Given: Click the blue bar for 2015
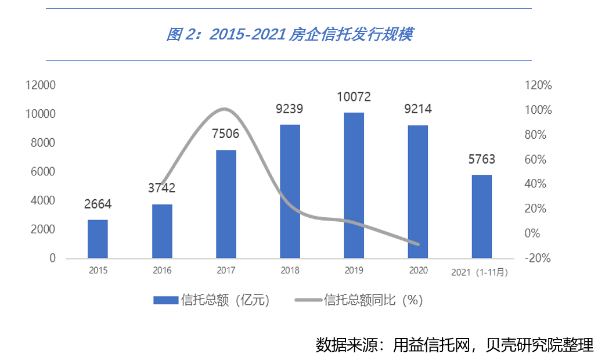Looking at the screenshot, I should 98,239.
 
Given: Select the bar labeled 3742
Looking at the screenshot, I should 162,231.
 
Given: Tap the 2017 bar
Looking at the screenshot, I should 226,204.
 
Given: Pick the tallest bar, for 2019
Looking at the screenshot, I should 354,185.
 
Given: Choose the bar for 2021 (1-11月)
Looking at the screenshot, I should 481,216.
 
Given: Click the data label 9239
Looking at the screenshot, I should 290,109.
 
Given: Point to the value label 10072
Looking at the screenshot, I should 354,96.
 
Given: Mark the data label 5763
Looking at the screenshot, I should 481,159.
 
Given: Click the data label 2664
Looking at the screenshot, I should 98,204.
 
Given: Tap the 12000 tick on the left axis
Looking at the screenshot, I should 41,85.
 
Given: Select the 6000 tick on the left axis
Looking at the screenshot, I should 44,172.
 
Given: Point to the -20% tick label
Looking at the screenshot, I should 537,258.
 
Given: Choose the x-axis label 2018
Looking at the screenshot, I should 290,271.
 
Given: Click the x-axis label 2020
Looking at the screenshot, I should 417,271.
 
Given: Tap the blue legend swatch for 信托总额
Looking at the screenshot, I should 165,300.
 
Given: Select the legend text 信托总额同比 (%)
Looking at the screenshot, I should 373,300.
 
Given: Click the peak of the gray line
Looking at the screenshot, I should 225,109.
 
